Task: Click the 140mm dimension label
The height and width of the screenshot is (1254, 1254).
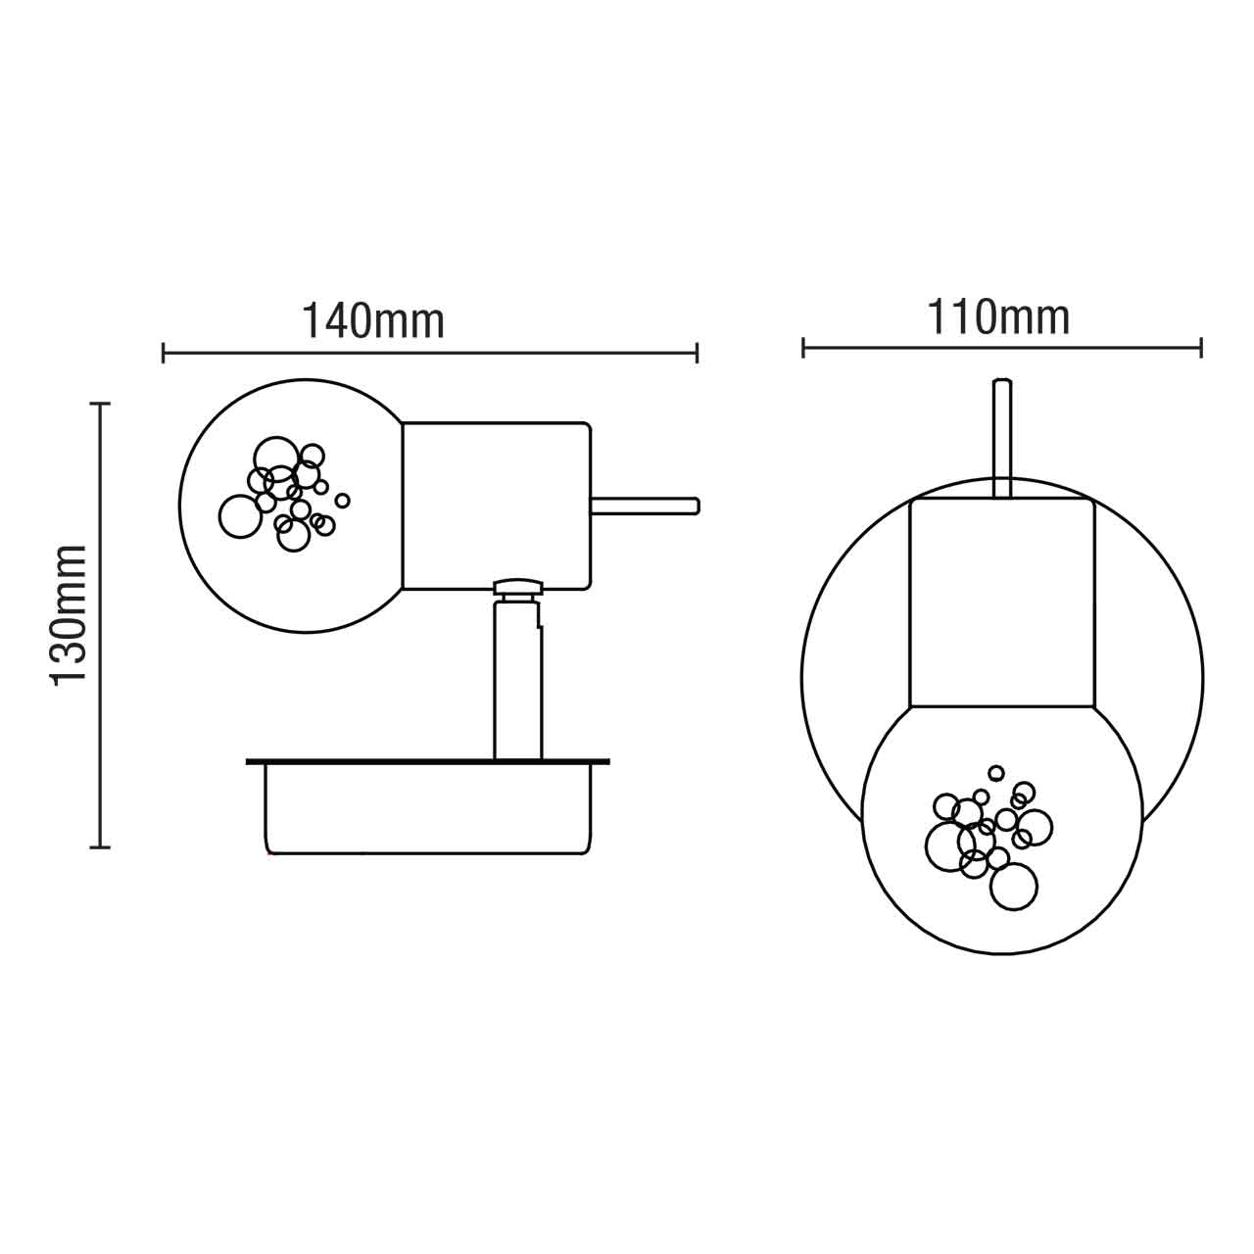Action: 372,320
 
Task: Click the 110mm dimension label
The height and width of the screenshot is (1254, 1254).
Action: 998,317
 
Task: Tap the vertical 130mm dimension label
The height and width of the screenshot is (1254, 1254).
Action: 71,615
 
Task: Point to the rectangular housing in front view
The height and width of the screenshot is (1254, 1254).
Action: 1000,603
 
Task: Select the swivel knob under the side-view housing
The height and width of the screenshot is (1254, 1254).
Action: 518,588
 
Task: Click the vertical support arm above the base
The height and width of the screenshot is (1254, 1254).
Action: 517,681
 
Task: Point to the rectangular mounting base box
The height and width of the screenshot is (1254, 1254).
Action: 428,808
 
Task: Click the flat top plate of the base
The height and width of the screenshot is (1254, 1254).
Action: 428,760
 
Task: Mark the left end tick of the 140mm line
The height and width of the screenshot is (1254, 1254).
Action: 164,353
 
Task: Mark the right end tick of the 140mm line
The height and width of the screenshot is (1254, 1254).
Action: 697,353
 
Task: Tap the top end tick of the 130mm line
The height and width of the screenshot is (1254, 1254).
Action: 99,403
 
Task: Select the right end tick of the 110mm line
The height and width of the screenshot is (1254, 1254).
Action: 1201,347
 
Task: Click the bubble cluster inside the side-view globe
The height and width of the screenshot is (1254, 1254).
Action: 284,495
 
